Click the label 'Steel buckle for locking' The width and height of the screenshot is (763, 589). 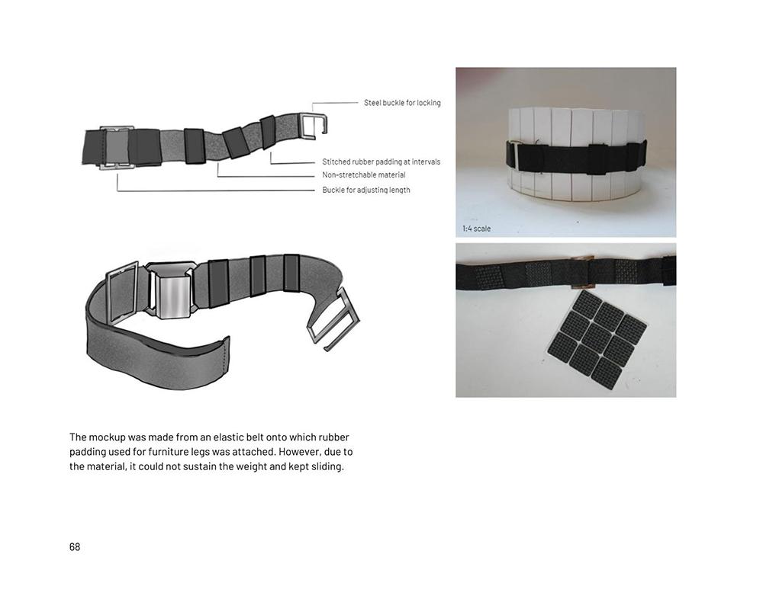tap(402, 103)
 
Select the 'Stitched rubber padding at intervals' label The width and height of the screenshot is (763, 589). tap(381, 162)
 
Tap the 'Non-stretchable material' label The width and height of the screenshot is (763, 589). tap(363, 175)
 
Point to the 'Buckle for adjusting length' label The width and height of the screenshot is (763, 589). tap(366, 190)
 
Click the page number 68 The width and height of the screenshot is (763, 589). tap(75, 547)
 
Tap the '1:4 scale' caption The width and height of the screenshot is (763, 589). tap(476, 229)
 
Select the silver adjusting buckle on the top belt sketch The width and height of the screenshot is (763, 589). tap(117, 148)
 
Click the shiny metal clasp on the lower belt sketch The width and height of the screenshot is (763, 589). tap(171, 292)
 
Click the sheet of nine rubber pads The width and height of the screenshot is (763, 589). tap(597, 336)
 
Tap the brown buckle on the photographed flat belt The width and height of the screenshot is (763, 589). tap(582, 272)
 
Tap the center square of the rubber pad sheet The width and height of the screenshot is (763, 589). tap(597, 336)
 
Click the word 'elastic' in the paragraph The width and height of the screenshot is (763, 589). tap(229, 437)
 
